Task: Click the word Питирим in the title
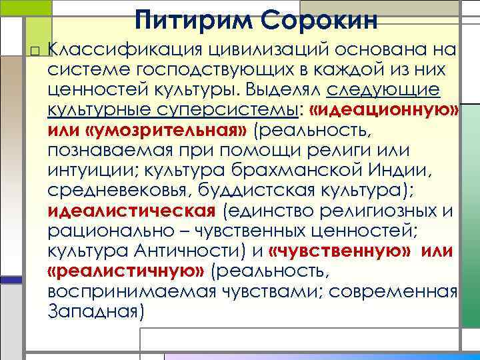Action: pos(189,19)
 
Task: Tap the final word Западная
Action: pos(96,311)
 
